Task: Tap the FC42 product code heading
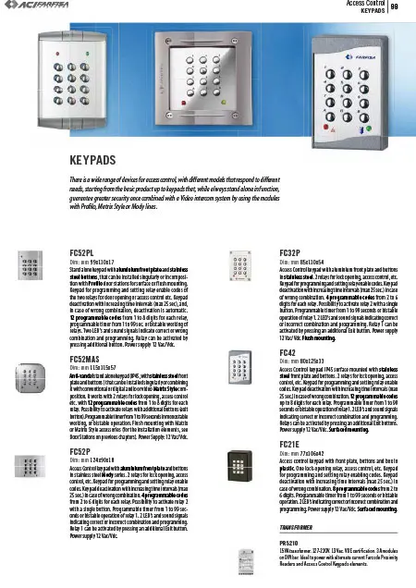287,352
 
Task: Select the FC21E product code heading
288,444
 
